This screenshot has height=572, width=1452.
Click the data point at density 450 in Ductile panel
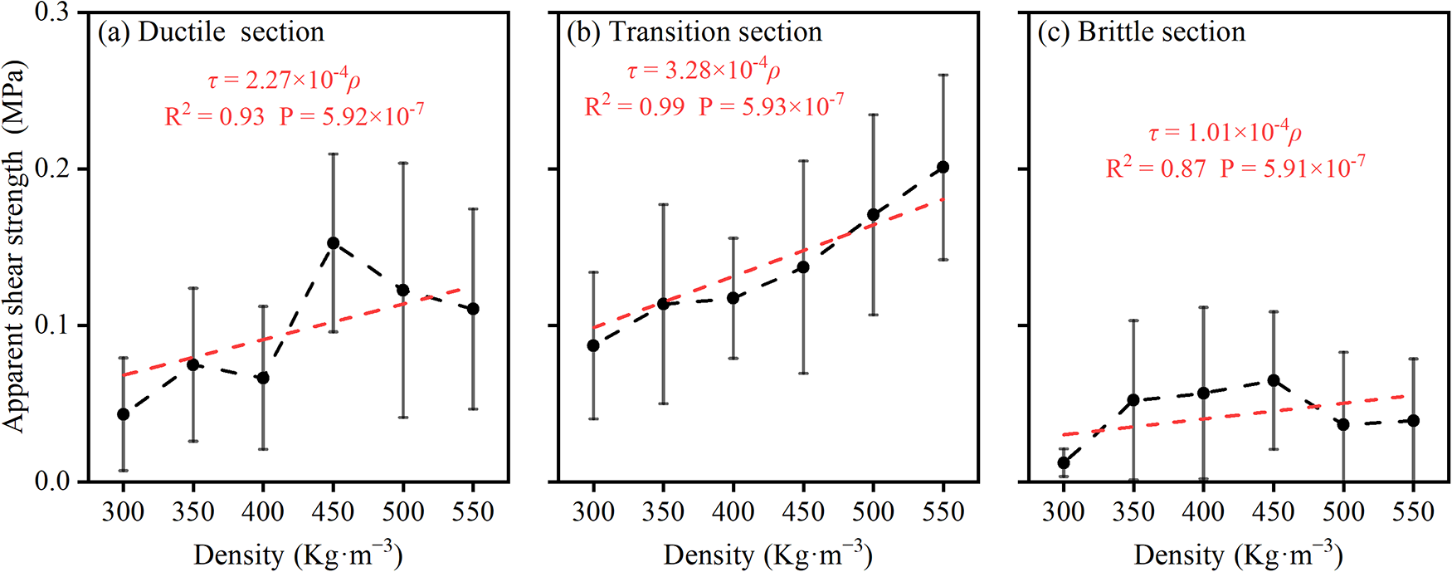click(x=333, y=243)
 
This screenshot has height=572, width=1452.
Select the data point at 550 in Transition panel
click(x=943, y=168)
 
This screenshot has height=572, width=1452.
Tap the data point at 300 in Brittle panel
click(x=1064, y=462)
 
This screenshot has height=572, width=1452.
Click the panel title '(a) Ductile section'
click(x=211, y=32)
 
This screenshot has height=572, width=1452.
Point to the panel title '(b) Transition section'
click(x=694, y=32)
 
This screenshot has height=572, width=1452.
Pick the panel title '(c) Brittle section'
click(x=1141, y=32)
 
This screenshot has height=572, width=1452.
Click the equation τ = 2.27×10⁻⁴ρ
click(x=284, y=80)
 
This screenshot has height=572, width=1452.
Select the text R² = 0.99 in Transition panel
click(x=635, y=106)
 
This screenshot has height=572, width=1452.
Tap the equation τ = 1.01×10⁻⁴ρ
click(x=1225, y=133)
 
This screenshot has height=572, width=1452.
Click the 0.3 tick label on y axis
click(x=52, y=13)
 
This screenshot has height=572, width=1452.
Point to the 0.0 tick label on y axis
click(x=52, y=482)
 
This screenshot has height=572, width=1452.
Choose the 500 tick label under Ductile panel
click(x=403, y=511)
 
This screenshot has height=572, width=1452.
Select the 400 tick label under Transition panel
click(x=733, y=511)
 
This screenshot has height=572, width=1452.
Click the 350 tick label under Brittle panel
click(x=1133, y=511)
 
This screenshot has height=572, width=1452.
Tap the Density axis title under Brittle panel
click(x=1237, y=555)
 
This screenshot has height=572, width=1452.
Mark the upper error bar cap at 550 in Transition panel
click(x=943, y=76)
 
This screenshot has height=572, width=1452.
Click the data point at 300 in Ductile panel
click(x=123, y=414)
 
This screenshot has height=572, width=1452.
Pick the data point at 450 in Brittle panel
click(x=1274, y=381)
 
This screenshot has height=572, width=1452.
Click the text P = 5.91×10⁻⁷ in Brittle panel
click(x=1292, y=169)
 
